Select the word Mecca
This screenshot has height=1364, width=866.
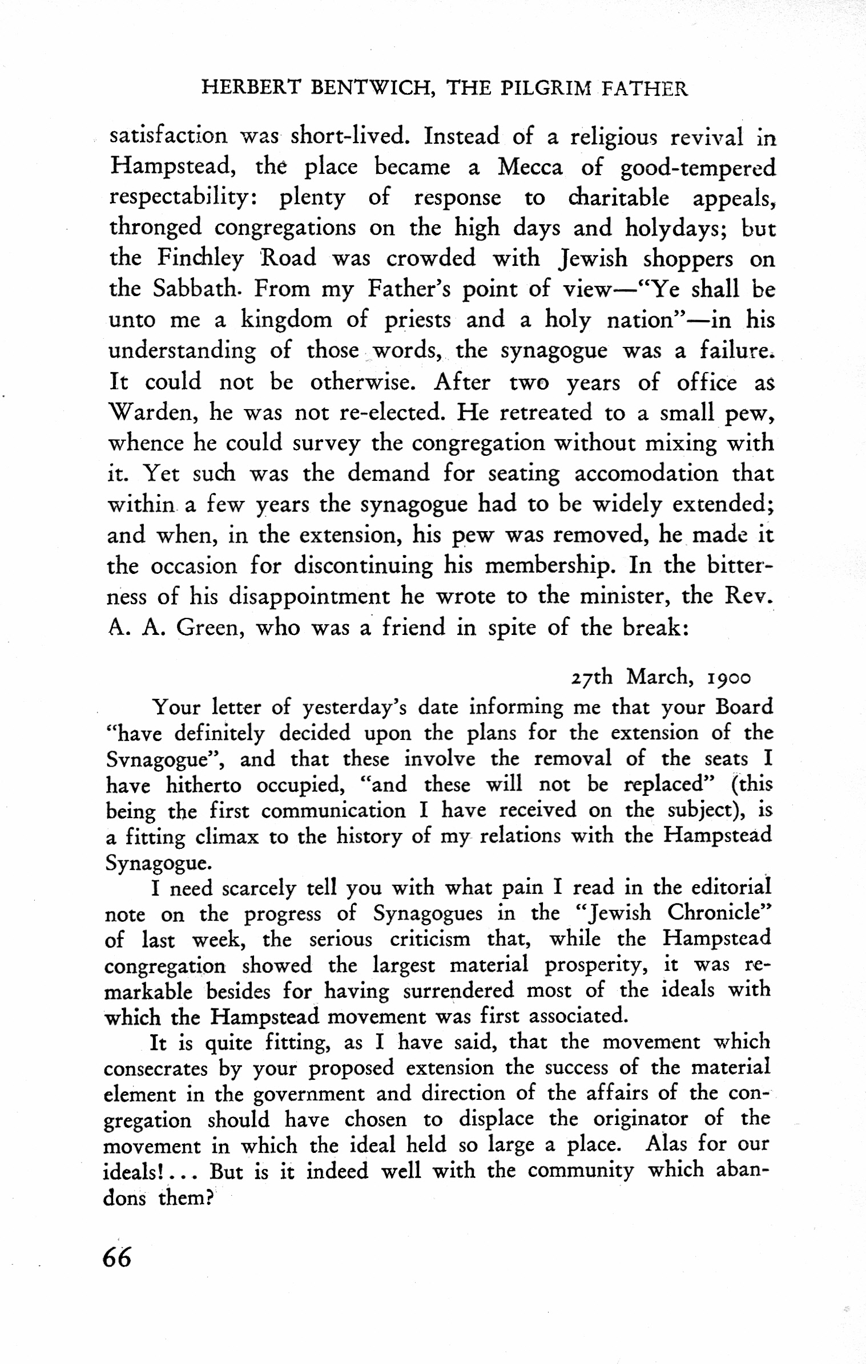coord(530,167)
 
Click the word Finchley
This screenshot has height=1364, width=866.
coord(200,258)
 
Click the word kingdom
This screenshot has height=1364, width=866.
coord(286,320)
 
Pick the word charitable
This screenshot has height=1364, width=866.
coord(618,198)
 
